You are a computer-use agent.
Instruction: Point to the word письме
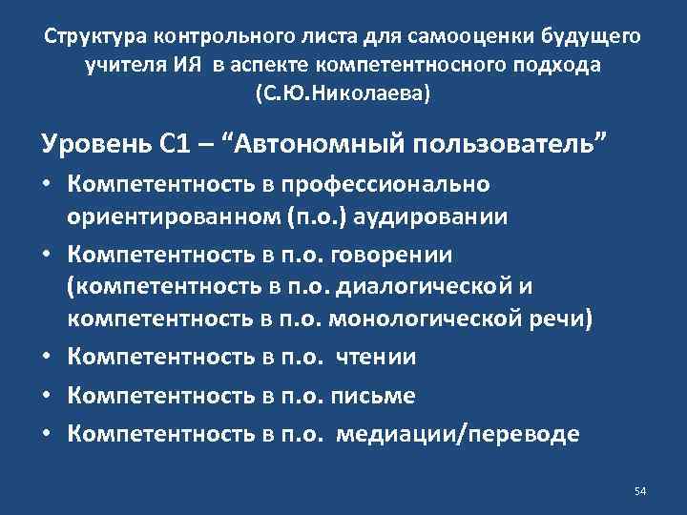point(375,394)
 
